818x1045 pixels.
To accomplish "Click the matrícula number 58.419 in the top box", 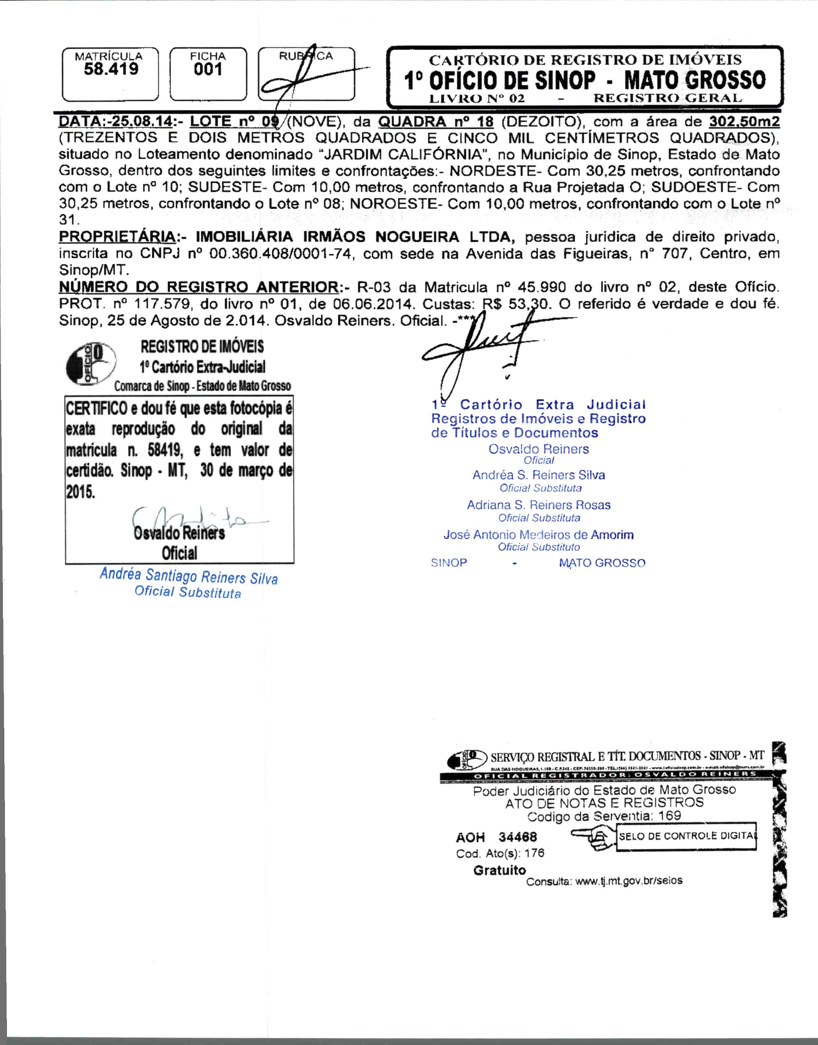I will pos(111,70).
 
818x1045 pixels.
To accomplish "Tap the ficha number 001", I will pos(208,70).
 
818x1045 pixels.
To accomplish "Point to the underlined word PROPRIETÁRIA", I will pos(117,237).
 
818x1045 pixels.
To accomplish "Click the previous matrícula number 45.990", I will pos(539,287).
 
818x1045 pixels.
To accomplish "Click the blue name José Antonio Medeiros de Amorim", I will pos(538,535).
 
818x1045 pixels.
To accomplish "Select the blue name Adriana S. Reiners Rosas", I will pos(538,505).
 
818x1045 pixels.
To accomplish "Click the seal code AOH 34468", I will pos(496,837).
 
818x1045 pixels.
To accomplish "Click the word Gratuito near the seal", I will pos(499,870).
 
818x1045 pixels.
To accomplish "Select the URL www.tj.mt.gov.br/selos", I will pos(628,881).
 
